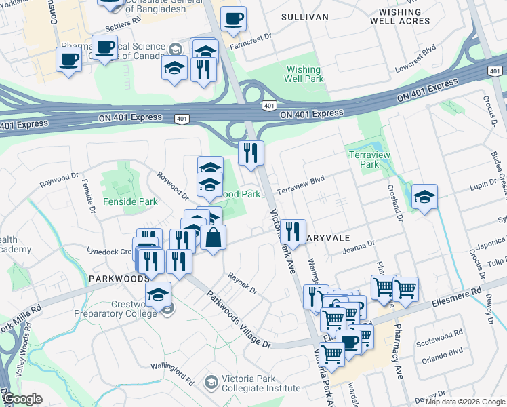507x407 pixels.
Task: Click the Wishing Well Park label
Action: (304, 74)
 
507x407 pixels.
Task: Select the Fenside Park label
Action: (130, 201)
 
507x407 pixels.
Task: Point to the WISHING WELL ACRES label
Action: (400, 16)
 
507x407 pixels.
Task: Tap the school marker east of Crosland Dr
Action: (424, 197)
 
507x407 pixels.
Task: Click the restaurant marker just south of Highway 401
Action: (251, 153)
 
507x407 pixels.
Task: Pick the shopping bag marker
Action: (213, 237)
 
